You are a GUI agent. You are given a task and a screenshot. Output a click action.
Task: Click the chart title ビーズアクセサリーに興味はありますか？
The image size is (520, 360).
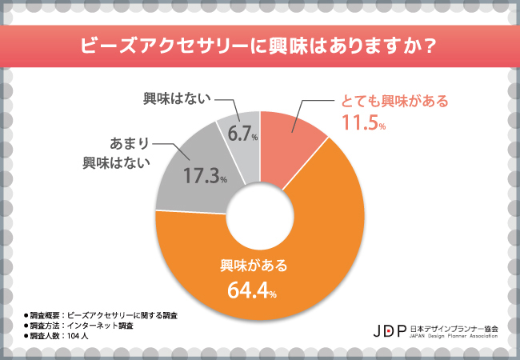coord(260,46)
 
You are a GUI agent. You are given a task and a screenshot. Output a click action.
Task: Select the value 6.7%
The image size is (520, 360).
coord(242,136)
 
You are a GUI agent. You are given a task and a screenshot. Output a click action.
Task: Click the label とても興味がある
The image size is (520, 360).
coord(390,102)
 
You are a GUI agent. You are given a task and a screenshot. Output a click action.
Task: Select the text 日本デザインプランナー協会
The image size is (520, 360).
coord(453,326)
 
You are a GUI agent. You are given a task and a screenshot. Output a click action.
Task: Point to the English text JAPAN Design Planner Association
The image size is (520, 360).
coord(453,336)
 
